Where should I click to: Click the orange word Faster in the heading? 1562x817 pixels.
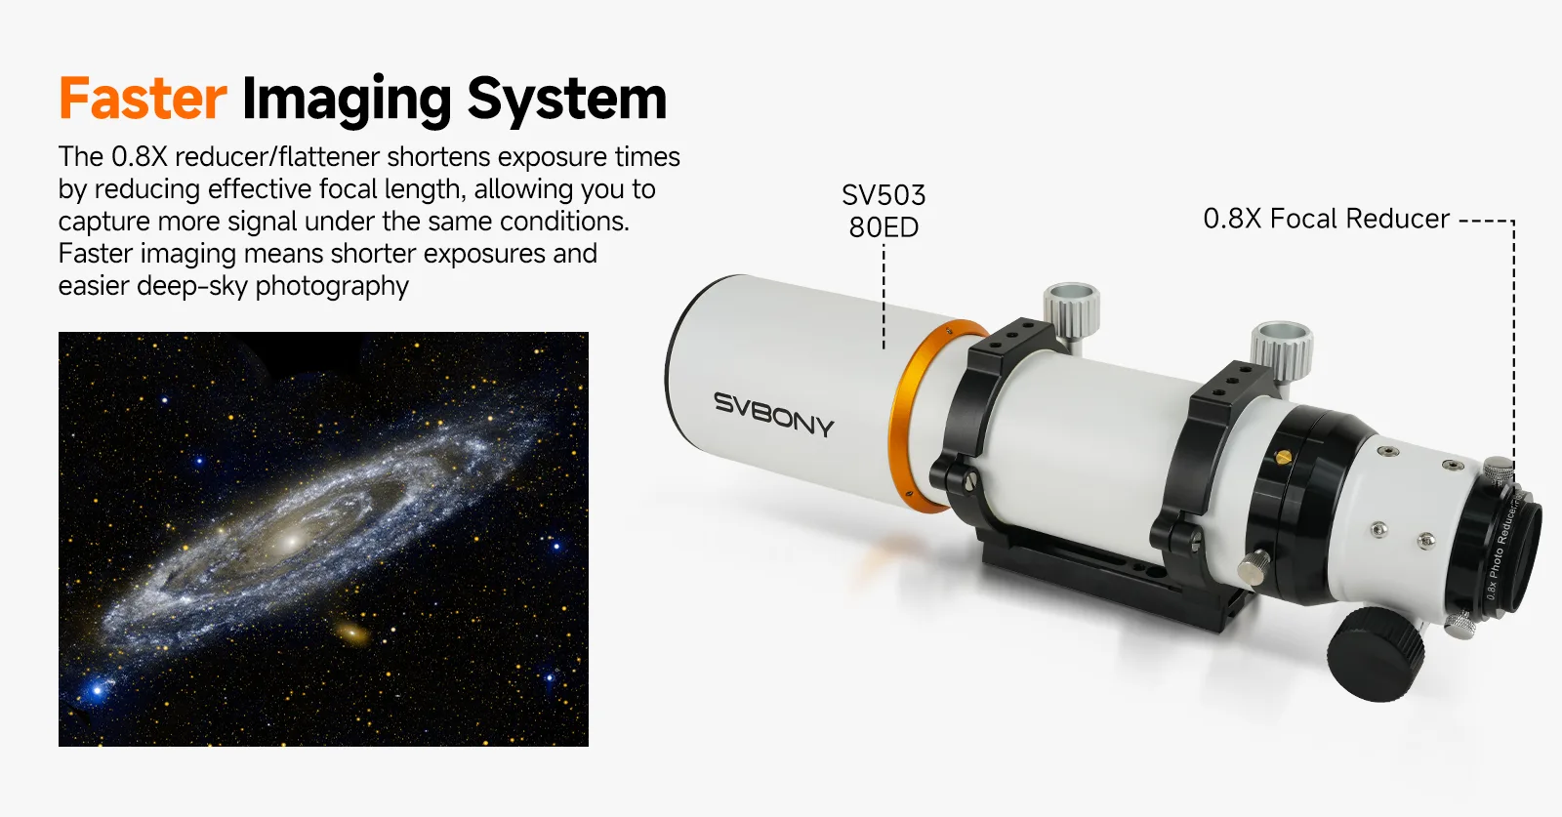point(143,99)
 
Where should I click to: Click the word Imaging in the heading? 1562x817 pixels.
point(347,102)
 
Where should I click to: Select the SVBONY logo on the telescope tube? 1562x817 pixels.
point(773,414)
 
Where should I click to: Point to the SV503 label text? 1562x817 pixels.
point(884,195)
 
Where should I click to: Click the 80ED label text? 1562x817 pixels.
point(884,227)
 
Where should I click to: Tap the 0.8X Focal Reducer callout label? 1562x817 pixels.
point(1327,219)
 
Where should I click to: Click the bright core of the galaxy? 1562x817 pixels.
point(292,540)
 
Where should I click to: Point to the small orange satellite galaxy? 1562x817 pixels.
point(352,633)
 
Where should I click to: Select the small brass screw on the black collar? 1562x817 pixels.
point(1283,457)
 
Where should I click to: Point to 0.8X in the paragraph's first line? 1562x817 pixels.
point(140,157)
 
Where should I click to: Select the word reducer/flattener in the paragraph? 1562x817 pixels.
point(277,157)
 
